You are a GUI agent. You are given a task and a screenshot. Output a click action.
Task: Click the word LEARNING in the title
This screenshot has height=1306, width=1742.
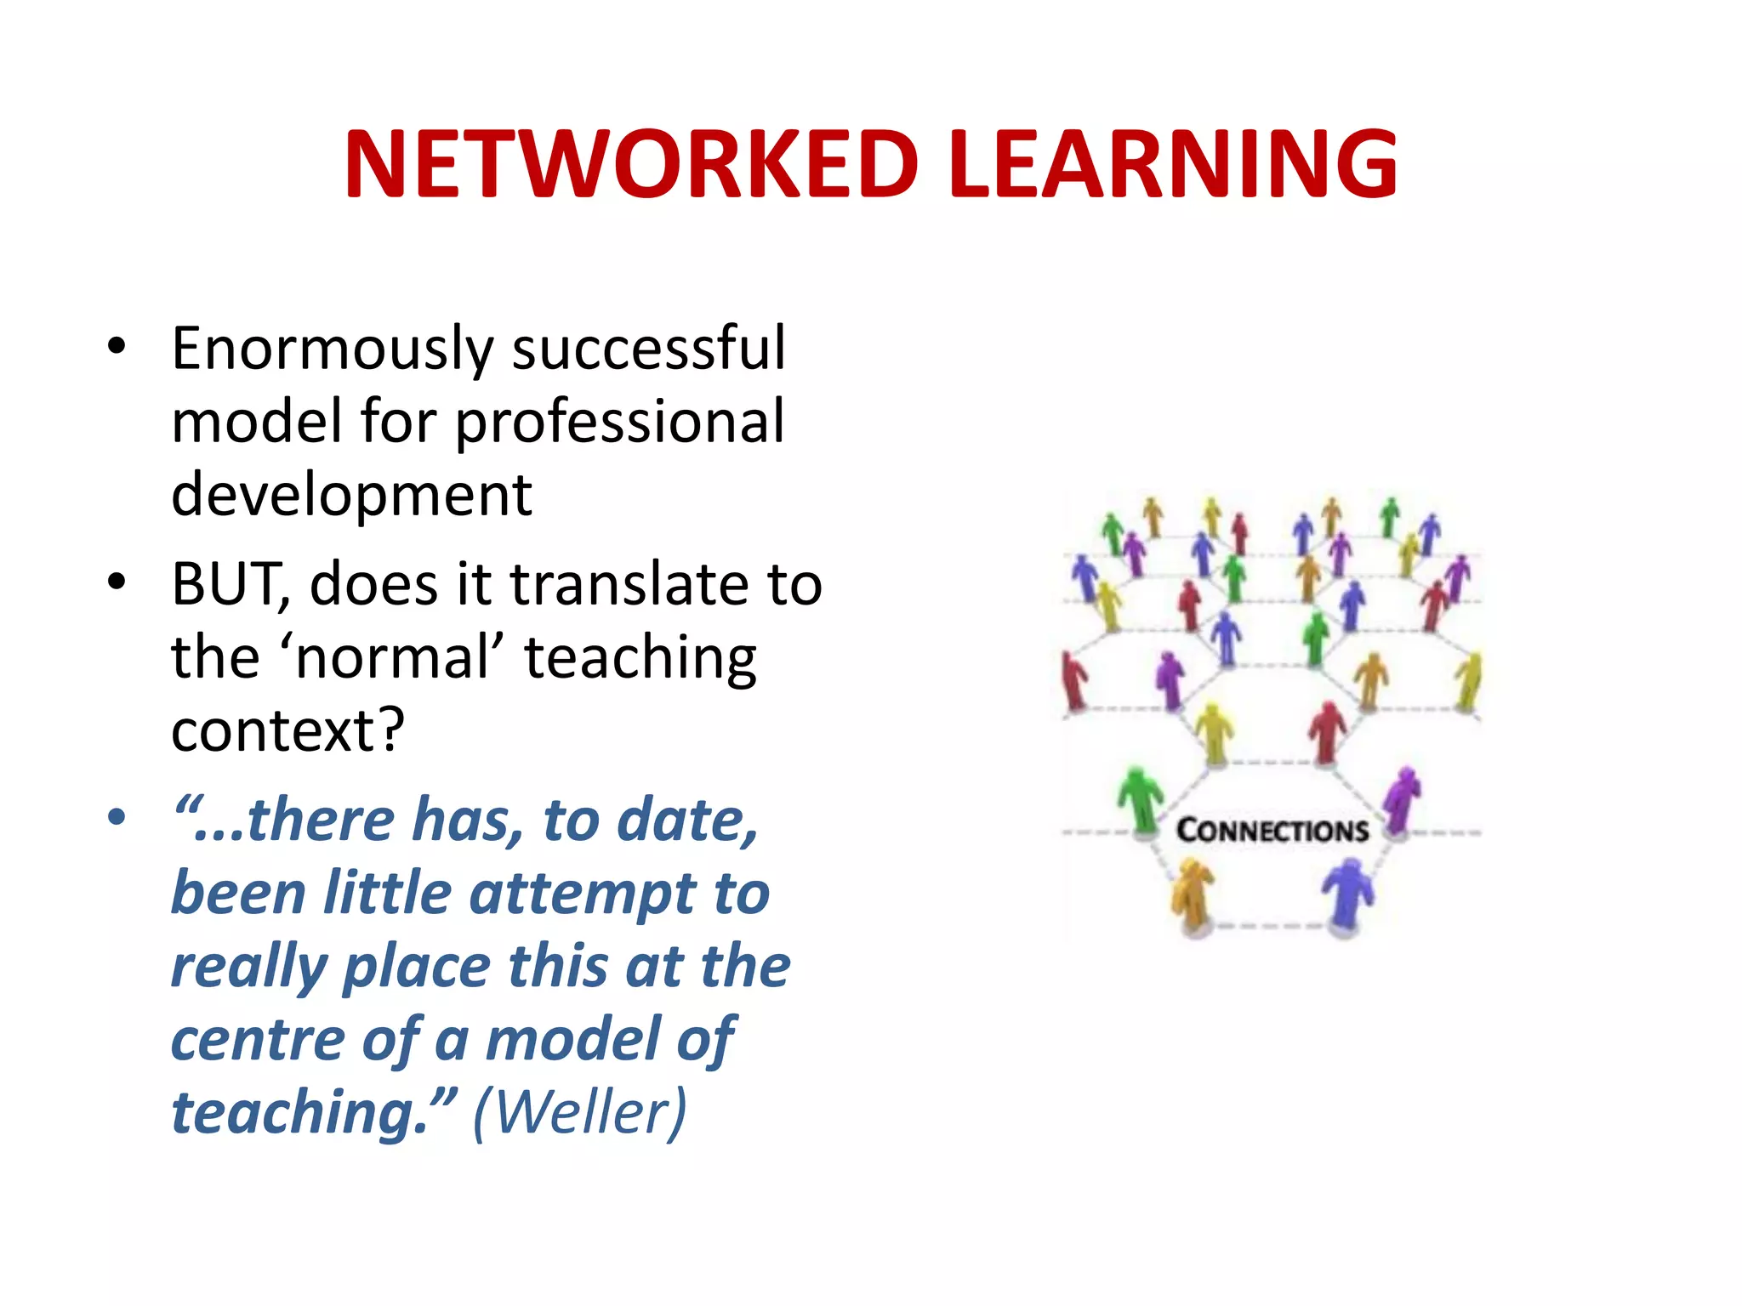(x=1173, y=165)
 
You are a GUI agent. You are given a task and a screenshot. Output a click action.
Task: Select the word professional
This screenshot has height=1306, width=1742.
(x=619, y=423)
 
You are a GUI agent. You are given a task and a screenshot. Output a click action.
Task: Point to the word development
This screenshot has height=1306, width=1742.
(x=351, y=494)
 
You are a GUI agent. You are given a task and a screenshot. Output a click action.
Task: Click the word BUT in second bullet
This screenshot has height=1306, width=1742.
(x=228, y=585)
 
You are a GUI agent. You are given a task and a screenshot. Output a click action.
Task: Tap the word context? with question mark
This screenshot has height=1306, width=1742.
(x=287, y=730)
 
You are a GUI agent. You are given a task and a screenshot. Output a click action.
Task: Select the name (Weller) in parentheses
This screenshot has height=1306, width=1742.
(x=579, y=1112)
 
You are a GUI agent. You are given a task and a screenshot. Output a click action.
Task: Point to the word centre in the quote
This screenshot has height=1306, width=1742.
(x=256, y=1040)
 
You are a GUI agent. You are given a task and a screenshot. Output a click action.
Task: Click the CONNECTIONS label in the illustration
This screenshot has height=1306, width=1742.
(x=1272, y=831)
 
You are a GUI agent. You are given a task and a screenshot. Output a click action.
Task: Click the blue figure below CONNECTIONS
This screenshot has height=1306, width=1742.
(x=1346, y=894)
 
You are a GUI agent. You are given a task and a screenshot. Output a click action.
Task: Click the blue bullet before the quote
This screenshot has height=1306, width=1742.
(x=117, y=818)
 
